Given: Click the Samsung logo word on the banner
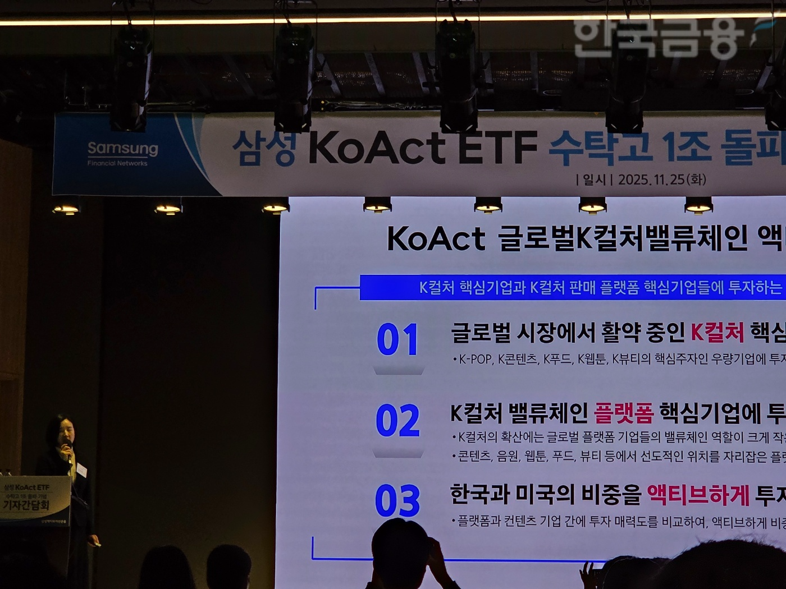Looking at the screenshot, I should click(x=123, y=149).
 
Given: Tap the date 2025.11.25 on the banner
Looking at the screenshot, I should click(x=651, y=180).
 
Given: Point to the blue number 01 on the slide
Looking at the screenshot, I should click(x=397, y=339).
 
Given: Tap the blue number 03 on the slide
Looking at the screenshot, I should click(x=397, y=501).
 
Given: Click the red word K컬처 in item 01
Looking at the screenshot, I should click(x=717, y=333).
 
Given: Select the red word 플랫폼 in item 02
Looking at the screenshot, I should click(x=624, y=413).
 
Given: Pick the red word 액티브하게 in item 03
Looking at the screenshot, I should click(x=698, y=495).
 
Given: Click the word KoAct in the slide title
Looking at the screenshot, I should click(x=436, y=238).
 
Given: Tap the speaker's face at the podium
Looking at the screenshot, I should click(x=65, y=432).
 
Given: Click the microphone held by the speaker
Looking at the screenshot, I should click(x=67, y=449).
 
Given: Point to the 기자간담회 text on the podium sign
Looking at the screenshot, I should click(x=26, y=505).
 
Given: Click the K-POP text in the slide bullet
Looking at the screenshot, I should click(x=475, y=359).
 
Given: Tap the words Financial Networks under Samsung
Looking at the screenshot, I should click(x=117, y=163).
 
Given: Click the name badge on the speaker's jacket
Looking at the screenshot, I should click(x=81, y=470).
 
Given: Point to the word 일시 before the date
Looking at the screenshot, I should click(x=594, y=180).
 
